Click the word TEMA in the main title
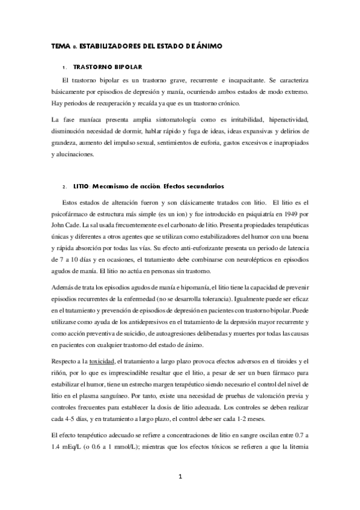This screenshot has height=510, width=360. pos(60,46)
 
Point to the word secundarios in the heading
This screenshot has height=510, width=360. pos(200,186)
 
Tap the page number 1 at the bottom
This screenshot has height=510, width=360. pos(180,477)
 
